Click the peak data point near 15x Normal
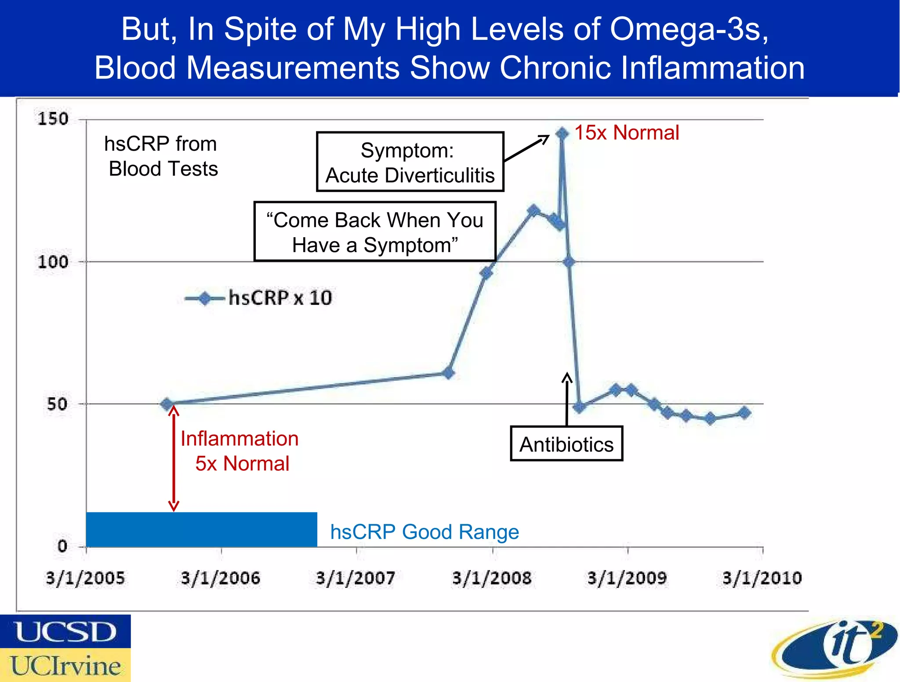pos(562,133)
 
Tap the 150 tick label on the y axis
pos(53,119)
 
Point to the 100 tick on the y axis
pos(53,262)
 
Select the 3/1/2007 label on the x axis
pos(356,578)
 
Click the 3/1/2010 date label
pos(762,578)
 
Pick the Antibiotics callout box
pos(566,444)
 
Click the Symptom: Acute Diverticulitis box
pos(410,162)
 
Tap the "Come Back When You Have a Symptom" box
pos(375,232)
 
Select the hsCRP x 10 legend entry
pos(259,298)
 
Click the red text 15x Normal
pos(627,133)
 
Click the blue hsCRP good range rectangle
pos(201,529)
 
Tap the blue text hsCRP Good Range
pos(425,532)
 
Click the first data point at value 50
pos(167,404)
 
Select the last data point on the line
pos(744,413)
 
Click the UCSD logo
pos(65,631)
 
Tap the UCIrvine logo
pos(65,665)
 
